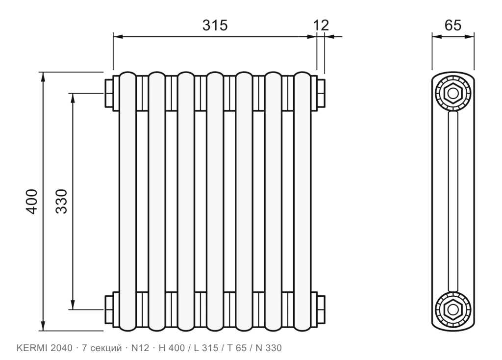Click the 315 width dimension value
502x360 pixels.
pyautogui.click(x=215, y=26)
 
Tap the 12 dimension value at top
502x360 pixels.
pyautogui.click(x=321, y=26)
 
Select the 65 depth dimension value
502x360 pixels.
pyautogui.click(x=453, y=26)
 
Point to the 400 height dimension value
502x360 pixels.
pyautogui.click(x=32, y=202)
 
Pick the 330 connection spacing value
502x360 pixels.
pyautogui.click(x=61, y=202)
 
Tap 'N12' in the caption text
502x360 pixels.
pyautogui.click(x=140, y=348)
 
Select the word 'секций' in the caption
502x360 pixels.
pyautogui.click(x=106, y=348)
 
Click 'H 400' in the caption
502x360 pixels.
pyautogui.click(x=172, y=348)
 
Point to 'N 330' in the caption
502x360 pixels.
pyautogui.click(x=269, y=348)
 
